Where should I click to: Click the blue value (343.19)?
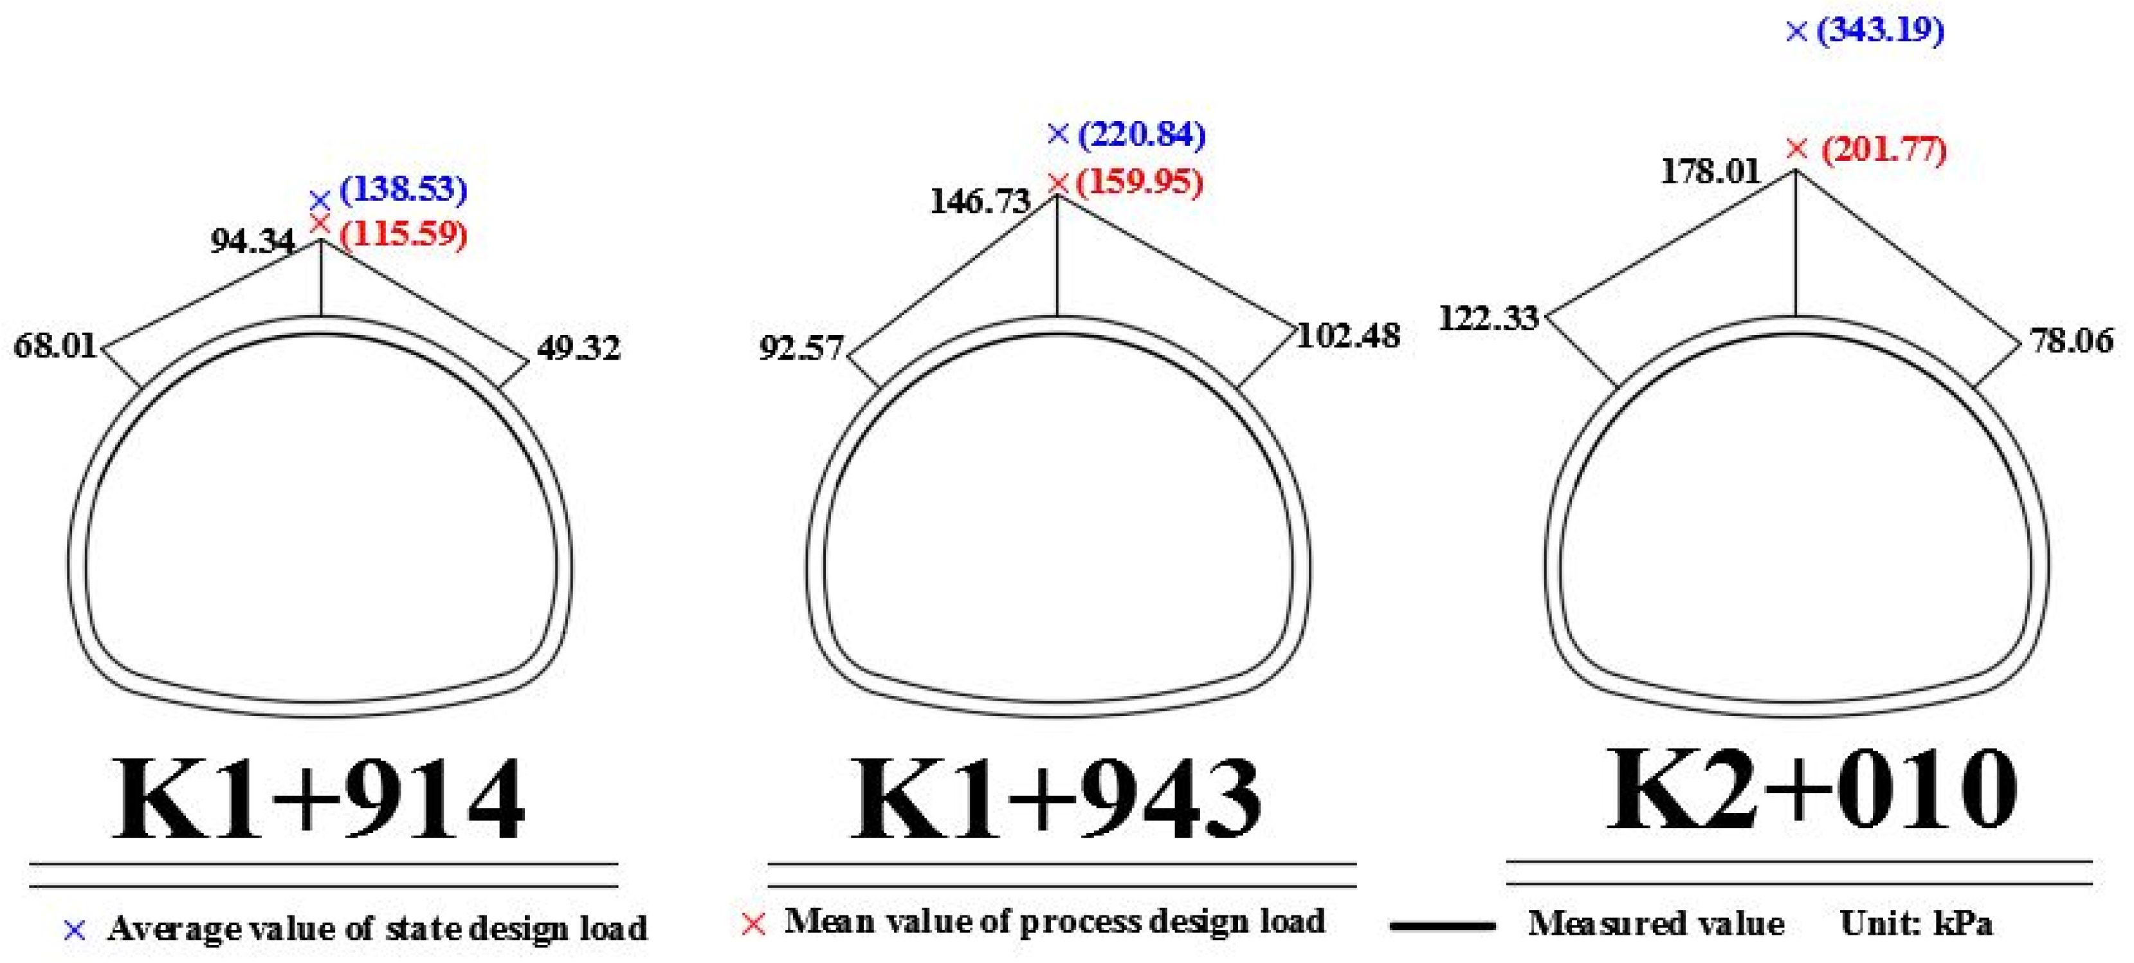[1880, 31]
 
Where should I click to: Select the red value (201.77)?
[1884, 150]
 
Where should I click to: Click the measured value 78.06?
[2072, 340]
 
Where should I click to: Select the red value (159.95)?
[1139, 182]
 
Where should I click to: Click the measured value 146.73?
[980, 201]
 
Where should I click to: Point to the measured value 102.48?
[1348, 336]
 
